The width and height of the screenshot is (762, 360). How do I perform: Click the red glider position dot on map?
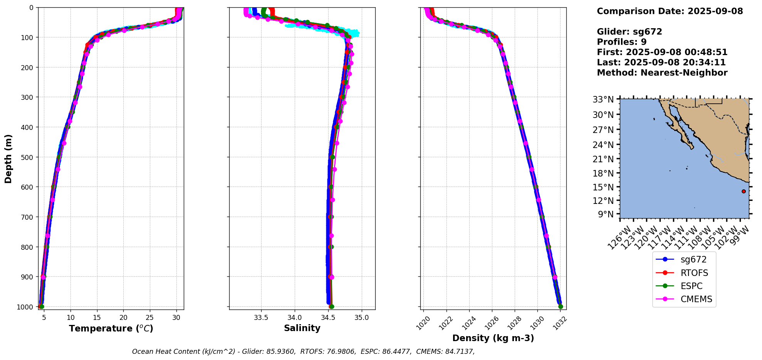coord(744,191)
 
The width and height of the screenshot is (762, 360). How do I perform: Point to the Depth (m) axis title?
coord(8,158)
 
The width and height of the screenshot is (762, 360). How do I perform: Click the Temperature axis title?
coord(111,328)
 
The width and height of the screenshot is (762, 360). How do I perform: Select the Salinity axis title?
coord(302,328)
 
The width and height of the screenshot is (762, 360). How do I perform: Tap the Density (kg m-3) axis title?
coord(493,338)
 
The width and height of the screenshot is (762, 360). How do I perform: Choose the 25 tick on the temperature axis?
coord(150,318)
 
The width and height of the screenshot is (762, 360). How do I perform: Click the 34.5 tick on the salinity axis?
coord(328,318)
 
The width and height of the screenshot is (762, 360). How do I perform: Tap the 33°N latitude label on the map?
coord(603,100)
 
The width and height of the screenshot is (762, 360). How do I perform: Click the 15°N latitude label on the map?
coord(603,187)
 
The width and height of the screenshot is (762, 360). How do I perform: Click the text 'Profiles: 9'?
coord(621,42)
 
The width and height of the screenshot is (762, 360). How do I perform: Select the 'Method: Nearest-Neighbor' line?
coord(662,72)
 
